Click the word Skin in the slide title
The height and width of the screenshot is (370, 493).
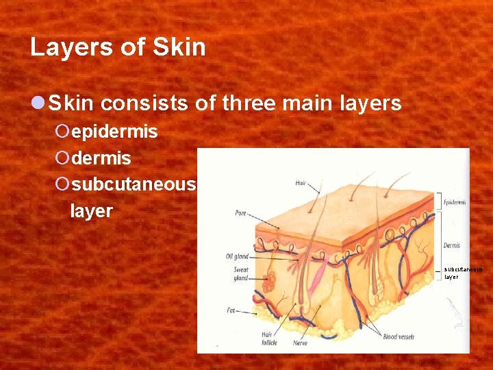tap(179, 47)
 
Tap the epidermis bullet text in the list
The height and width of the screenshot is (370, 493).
tap(114, 132)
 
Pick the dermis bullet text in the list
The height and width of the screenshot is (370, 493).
tap(101, 159)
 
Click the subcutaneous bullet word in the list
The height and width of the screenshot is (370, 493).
tap(134, 185)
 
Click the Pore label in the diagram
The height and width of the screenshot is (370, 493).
tap(240, 213)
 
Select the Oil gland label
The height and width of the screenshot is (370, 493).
tap(237, 257)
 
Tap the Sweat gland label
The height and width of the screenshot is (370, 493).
tap(240, 274)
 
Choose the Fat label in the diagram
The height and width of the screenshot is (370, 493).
tap(231, 310)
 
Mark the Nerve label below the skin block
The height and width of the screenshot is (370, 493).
tap(300, 342)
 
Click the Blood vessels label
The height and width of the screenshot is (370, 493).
tap(399, 336)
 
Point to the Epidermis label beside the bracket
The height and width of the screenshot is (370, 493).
tap(455, 202)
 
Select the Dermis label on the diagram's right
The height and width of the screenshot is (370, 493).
tap(452, 245)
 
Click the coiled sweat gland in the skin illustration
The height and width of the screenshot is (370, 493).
tap(270, 280)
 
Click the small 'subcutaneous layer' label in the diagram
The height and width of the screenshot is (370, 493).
tap(463, 273)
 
